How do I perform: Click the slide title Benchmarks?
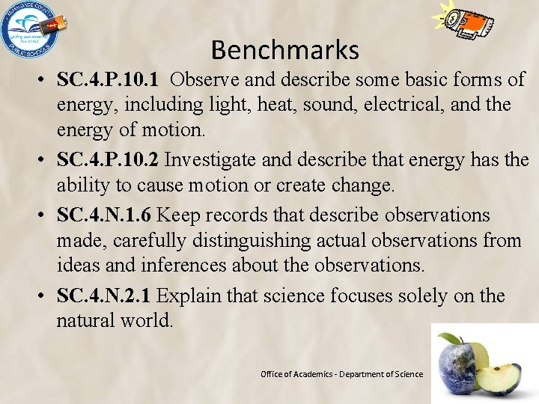click(x=284, y=50)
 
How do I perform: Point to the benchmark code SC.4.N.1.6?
click(x=104, y=215)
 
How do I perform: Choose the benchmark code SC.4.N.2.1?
click(x=104, y=296)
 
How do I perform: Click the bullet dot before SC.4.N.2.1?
click(x=44, y=297)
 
